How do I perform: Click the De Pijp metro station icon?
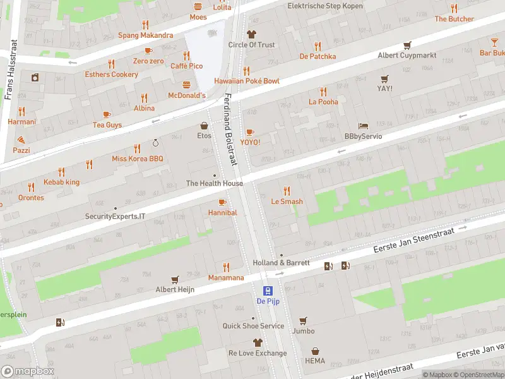pos(268,291)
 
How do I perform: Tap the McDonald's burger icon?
pos(186,85)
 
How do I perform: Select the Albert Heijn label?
pos(175,289)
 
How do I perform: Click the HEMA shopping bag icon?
pos(315,351)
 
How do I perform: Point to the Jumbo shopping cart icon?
pos(303,320)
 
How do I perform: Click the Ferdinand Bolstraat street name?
pos(230,129)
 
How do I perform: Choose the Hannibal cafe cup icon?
pos(222,202)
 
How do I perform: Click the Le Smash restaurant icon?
pos(287,191)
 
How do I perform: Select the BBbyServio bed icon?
pos(363,126)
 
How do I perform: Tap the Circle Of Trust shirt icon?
pos(251,34)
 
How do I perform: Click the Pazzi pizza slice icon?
pos(21,140)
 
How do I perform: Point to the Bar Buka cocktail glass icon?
pos(494,42)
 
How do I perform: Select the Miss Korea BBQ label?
pos(138,159)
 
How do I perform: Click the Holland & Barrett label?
pos(281,263)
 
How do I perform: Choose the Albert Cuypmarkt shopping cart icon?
pos(407,45)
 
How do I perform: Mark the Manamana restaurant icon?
pos(226,267)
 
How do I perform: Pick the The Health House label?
pos(214,183)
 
